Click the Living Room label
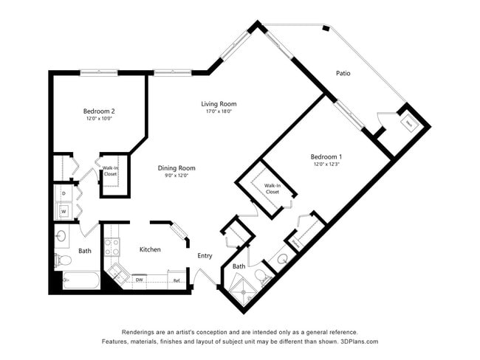(219, 104)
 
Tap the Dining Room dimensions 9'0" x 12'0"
(176, 176)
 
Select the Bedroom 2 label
(98, 111)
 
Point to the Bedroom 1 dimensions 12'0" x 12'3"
(326, 165)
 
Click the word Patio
(343, 74)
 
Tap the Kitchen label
(150, 249)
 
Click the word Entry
(205, 256)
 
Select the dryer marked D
(64, 193)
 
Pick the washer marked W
(64, 211)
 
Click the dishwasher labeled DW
(139, 280)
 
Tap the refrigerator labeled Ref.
(176, 280)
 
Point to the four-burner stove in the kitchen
(112, 246)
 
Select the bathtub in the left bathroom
(80, 281)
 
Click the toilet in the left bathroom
(61, 260)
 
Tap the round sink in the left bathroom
(62, 237)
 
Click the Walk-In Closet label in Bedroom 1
(272, 188)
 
